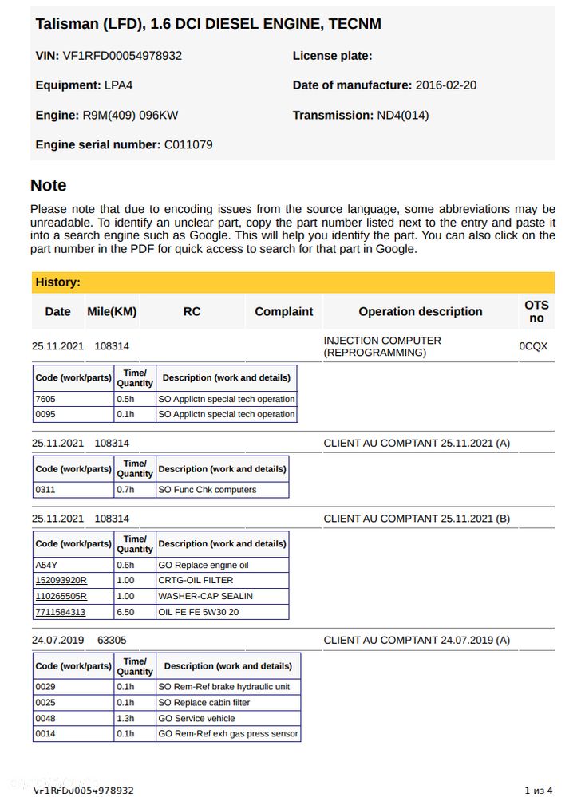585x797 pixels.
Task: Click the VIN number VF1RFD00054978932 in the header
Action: click(x=122, y=56)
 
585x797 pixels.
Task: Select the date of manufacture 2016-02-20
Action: click(x=446, y=85)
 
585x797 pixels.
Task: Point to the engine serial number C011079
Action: click(x=188, y=145)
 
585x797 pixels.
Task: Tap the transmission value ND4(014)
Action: click(x=402, y=116)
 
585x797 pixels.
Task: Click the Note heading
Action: click(x=49, y=186)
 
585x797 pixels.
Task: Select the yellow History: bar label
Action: click(x=57, y=282)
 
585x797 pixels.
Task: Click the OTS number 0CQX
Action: click(x=533, y=347)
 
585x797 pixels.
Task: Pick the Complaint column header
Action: click(x=283, y=312)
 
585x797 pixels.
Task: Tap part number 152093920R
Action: click(x=61, y=581)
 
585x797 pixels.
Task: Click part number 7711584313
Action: click(x=61, y=613)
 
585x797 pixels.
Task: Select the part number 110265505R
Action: click(x=61, y=597)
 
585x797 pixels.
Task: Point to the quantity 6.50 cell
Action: click(x=126, y=613)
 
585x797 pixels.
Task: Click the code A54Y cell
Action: click(x=47, y=566)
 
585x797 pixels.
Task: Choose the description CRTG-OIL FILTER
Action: click(x=196, y=581)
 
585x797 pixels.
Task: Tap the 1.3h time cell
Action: click(x=125, y=719)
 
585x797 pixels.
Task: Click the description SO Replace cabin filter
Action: click(x=204, y=703)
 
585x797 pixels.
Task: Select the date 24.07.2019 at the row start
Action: click(x=57, y=641)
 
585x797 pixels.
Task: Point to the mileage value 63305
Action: click(x=112, y=641)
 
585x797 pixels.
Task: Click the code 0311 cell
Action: click(x=45, y=490)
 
